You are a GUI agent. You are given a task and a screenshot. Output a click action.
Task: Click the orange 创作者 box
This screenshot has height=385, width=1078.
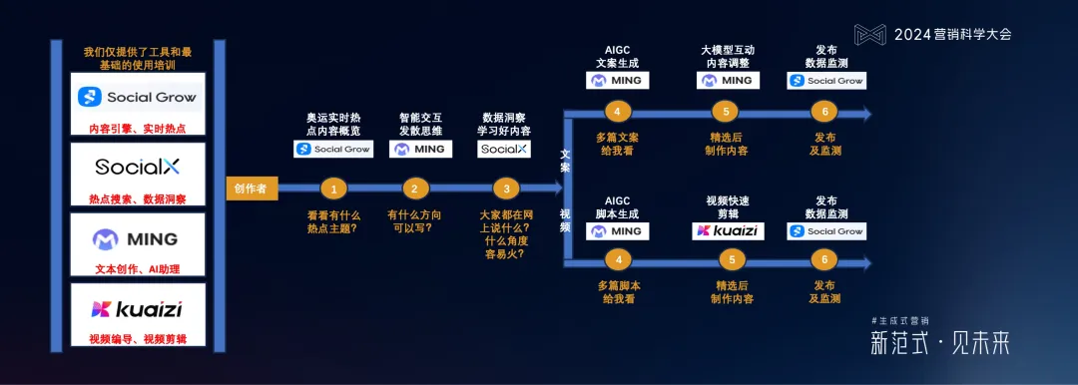(x=251, y=189)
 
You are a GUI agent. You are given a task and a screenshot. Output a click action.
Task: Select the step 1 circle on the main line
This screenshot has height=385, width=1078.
(x=332, y=188)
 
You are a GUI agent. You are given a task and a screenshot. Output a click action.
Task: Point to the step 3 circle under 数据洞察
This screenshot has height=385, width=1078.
(x=506, y=188)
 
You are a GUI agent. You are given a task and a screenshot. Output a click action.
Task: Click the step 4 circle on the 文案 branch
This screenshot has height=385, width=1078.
(x=618, y=112)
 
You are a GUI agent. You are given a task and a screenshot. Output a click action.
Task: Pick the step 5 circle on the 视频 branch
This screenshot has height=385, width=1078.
(x=733, y=261)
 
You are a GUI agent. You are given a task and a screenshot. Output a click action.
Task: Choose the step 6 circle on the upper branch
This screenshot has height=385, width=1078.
(x=824, y=112)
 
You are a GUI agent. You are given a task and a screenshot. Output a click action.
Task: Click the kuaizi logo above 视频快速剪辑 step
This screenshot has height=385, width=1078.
(x=728, y=230)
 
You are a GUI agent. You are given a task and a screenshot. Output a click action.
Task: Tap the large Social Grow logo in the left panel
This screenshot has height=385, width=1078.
(x=138, y=97)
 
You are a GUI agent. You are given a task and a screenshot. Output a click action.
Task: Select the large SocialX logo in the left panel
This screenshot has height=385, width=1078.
(x=138, y=167)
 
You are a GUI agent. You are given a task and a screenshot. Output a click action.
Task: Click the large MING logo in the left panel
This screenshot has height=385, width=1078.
(x=138, y=238)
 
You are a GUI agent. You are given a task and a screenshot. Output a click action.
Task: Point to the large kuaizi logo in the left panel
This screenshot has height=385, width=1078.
(x=138, y=308)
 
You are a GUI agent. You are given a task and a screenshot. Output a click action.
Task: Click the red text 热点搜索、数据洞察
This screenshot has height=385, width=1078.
(x=138, y=198)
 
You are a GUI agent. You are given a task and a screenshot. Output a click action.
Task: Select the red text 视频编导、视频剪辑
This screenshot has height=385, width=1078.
(x=138, y=339)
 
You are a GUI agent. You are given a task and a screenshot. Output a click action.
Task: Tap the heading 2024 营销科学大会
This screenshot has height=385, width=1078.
(x=952, y=34)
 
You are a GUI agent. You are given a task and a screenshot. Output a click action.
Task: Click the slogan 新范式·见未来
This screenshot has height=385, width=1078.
(x=939, y=343)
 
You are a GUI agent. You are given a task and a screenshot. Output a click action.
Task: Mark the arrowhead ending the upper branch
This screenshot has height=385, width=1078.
(x=865, y=114)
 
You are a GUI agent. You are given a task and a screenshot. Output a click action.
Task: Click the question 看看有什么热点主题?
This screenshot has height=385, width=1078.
(x=332, y=221)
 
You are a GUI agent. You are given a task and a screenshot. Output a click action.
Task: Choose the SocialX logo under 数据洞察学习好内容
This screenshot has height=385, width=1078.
(x=504, y=149)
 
